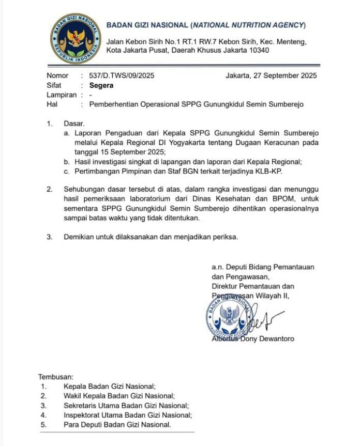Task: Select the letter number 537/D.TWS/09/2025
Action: coord(122,76)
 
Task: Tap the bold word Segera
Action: coord(101,85)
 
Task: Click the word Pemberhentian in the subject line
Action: coord(115,104)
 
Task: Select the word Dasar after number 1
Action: coord(73,124)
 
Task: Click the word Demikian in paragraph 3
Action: coord(80,237)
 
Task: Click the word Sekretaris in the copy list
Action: coord(83,405)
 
